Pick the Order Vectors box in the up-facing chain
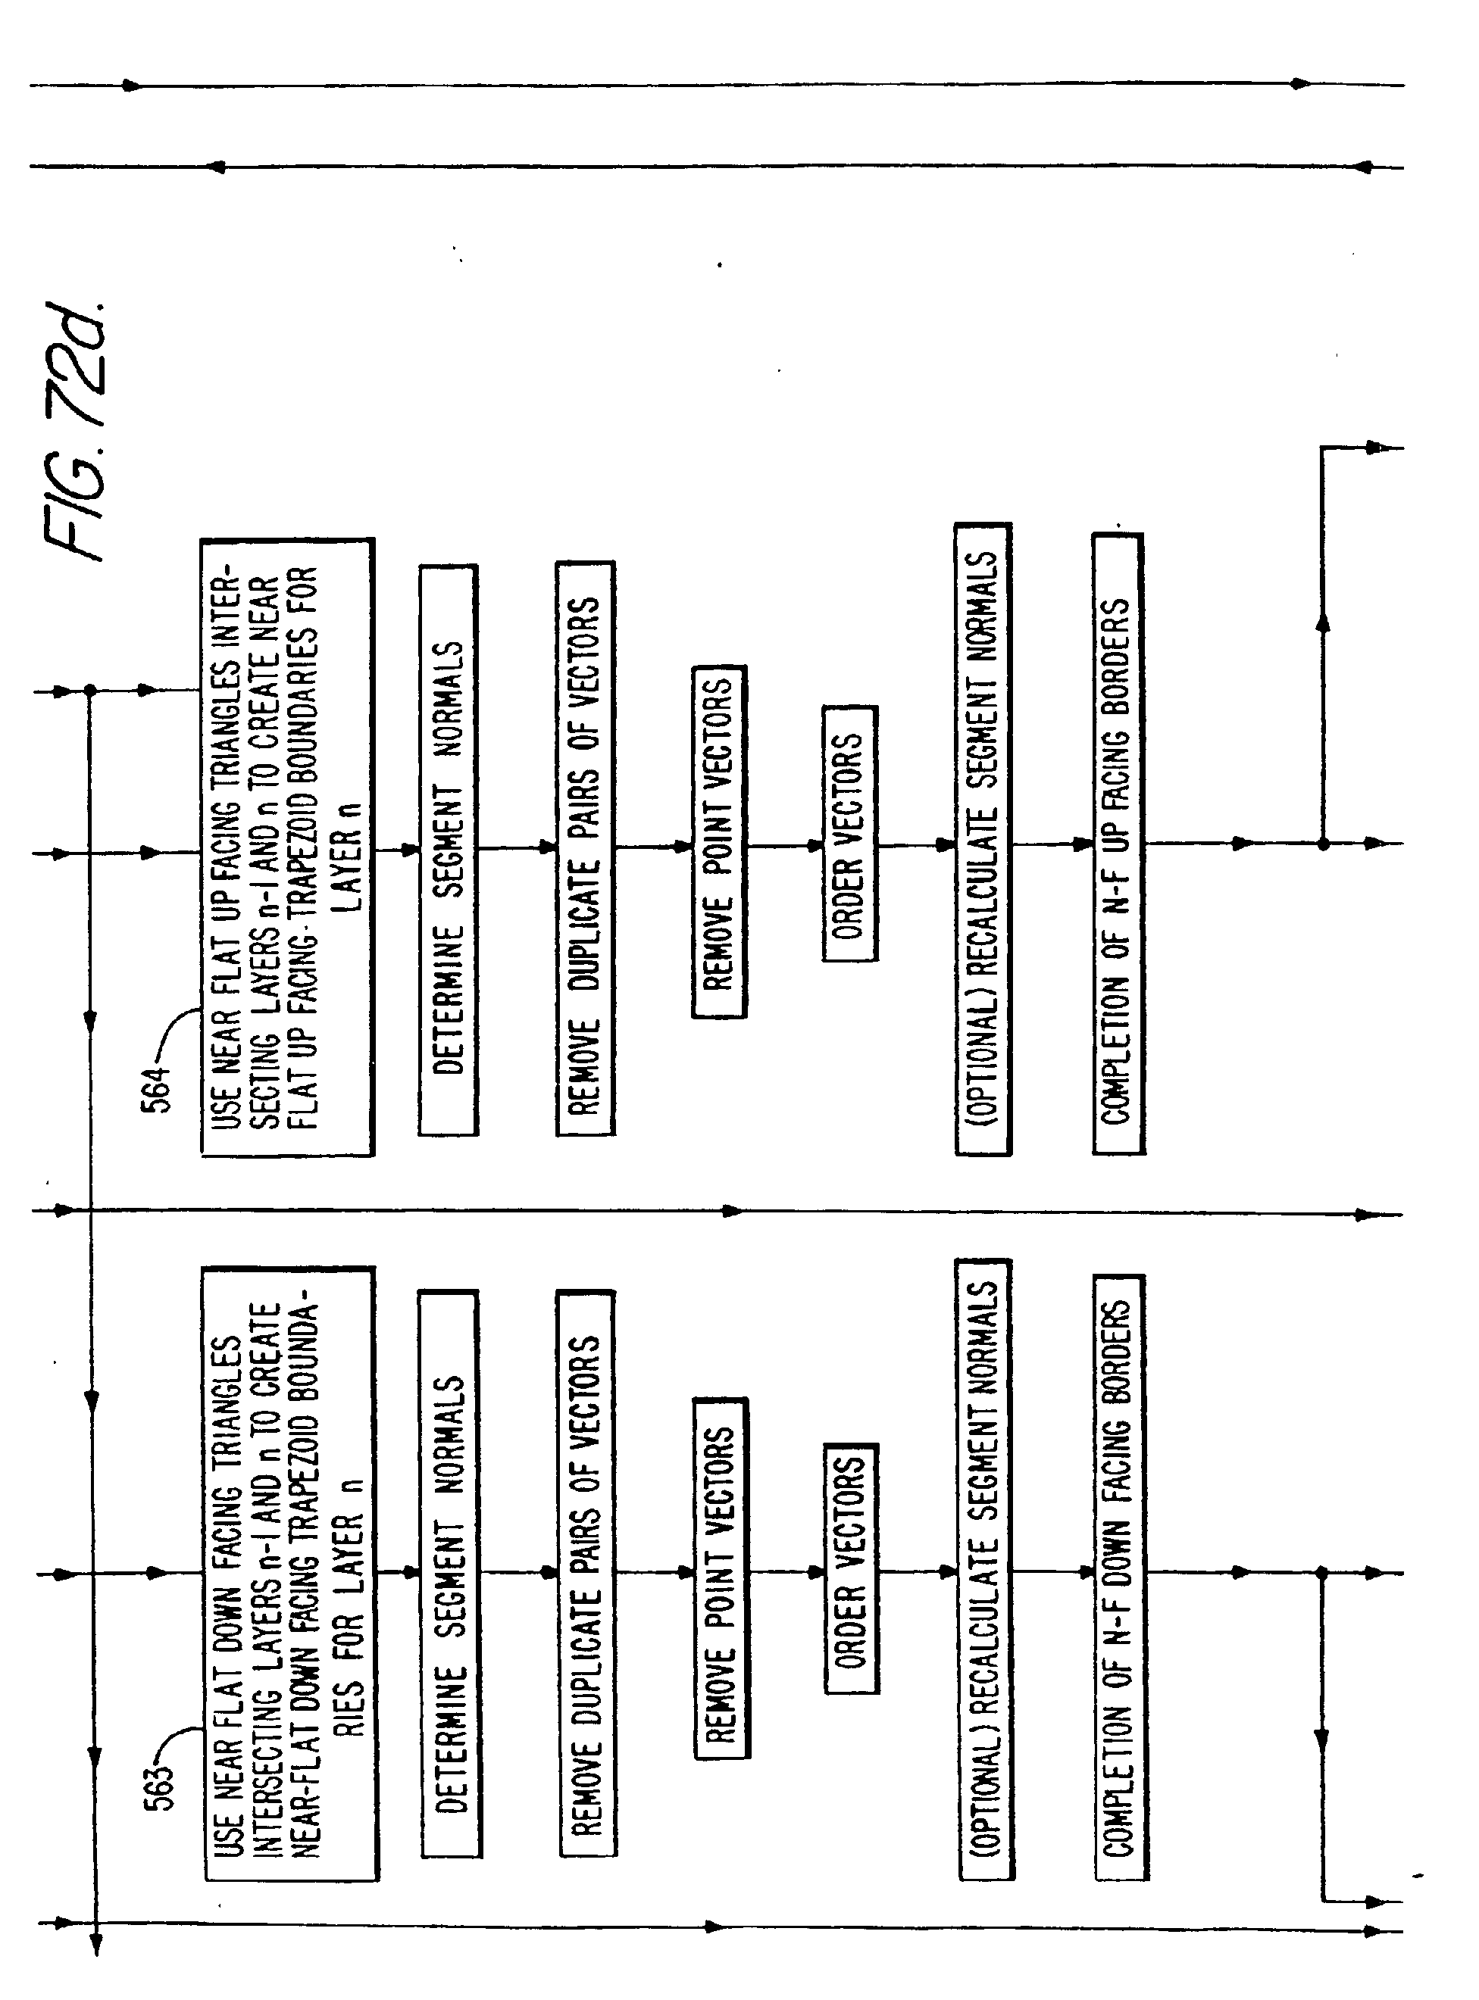[x=849, y=833]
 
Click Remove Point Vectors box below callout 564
[x=719, y=841]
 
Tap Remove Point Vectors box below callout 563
[x=721, y=1577]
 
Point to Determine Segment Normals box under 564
[x=448, y=850]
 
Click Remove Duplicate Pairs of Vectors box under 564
[x=586, y=848]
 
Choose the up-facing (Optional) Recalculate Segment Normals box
[x=983, y=839]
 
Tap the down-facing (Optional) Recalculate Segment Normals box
[x=985, y=1571]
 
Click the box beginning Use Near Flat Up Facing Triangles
[x=286, y=847]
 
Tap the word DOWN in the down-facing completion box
[x=1118, y=1552]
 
